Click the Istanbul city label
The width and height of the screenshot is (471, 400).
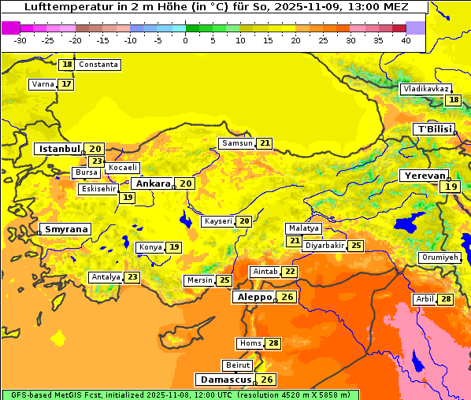pyautogui.click(x=59, y=149)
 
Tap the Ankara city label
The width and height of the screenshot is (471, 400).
pyautogui.click(x=152, y=183)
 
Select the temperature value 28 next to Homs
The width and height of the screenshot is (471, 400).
pyautogui.click(x=273, y=343)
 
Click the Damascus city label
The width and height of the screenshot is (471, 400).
pyautogui.click(x=225, y=380)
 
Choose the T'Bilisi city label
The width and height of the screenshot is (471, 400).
pyautogui.click(x=434, y=129)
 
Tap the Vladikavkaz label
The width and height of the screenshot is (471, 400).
pyautogui.click(x=425, y=90)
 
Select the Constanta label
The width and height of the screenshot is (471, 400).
pyautogui.click(x=98, y=65)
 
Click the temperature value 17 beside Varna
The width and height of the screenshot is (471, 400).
pyautogui.click(x=66, y=84)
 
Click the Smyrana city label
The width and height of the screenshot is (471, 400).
pyautogui.click(x=65, y=229)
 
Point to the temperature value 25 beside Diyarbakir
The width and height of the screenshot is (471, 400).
pyautogui.click(x=356, y=246)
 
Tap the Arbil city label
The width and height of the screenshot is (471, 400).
pyautogui.click(x=424, y=299)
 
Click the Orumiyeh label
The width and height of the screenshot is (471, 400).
pyautogui.click(x=439, y=257)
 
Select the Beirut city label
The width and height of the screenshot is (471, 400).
pyautogui.click(x=238, y=365)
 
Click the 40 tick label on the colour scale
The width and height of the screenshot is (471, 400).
pyautogui.click(x=406, y=40)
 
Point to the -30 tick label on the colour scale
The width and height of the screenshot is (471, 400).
pyautogui.click(x=20, y=40)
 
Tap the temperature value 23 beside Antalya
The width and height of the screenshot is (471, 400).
pyautogui.click(x=132, y=277)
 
